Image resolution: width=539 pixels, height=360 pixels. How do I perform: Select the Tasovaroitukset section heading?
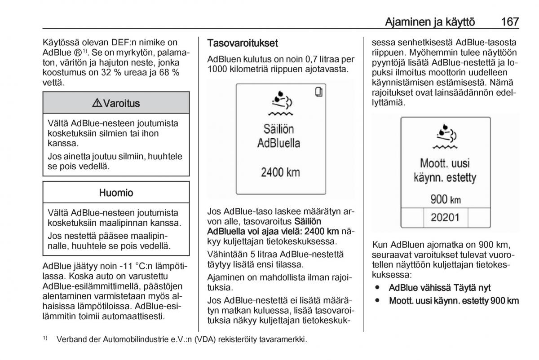(242, 43)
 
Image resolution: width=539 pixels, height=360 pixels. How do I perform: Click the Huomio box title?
(116, 193)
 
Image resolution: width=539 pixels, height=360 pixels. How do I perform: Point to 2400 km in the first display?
(280, 172)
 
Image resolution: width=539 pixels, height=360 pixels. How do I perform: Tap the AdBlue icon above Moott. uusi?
(445, 136)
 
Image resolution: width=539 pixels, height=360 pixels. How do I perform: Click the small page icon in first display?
(318, 92)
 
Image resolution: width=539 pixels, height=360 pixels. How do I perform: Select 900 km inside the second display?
(445, 199)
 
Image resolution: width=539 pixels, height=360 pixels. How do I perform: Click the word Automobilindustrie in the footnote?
(134, 340)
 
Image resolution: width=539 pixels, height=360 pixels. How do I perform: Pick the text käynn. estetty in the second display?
(445, 178)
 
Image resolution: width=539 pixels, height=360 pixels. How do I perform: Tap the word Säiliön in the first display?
(278, 129)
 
